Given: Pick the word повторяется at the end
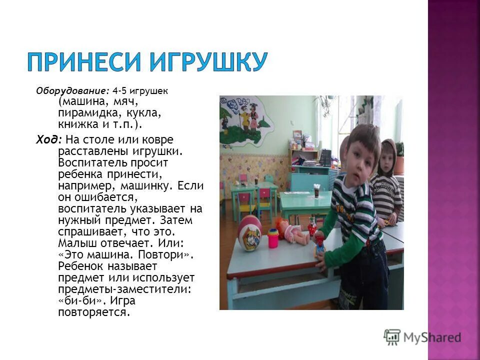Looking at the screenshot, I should (x=93, y=312).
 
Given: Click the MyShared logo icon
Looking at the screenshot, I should (x=392, y=337).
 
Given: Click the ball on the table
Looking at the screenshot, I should (x=249, y=233).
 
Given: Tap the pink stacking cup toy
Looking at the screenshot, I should (x=273, y=238).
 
